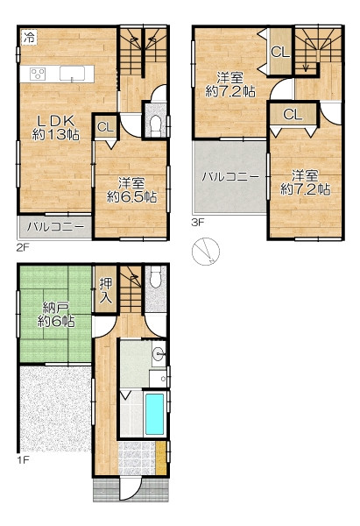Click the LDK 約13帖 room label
coord(56,128)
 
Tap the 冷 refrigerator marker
coord(29,37)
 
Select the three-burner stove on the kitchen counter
coord(38,74)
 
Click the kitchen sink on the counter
coord(72,74)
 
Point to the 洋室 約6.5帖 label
coord(131,190)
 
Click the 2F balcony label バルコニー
coord(55,227)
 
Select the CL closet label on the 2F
coord(105,127)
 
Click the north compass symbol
coord(206,252)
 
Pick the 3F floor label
coord(198,222)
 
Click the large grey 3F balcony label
coord(230,177)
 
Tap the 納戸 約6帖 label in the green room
coord(56,315)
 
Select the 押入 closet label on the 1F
coord(106,290)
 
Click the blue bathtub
coord(154,414)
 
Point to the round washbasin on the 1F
coord(159,353)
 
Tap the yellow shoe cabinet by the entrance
coord(161,458)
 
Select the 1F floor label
coord(23,459)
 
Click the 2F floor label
coord(23,247)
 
